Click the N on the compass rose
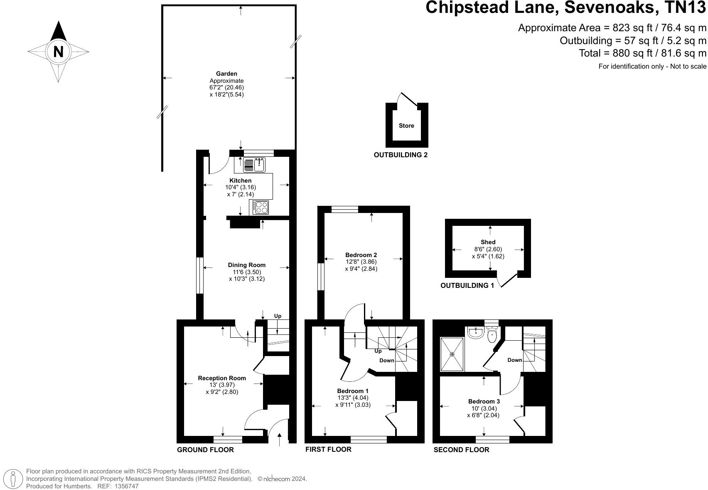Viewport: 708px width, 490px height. (58, 52)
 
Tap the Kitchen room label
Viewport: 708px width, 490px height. (241, 181)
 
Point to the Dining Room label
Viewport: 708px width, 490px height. (246, 265)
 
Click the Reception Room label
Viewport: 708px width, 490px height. (222, 378)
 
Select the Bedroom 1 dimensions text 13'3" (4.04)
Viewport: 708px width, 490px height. (353, 398)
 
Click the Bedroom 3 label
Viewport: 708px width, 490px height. (484, 401)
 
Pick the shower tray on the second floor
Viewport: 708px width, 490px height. (452, 354)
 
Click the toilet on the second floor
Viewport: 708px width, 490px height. (492, 335)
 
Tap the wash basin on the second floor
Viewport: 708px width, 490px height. (475, 333)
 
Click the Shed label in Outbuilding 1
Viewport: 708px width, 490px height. (488, 242)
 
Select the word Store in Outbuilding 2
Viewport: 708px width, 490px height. (406, 126)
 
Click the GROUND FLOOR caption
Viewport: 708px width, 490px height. (205, 450)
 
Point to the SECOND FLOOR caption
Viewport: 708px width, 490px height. (461, 450)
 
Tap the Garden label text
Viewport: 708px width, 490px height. (226, 74)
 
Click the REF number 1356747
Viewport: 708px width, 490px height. (126, 486)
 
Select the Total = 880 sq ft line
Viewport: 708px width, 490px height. (642, 53)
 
